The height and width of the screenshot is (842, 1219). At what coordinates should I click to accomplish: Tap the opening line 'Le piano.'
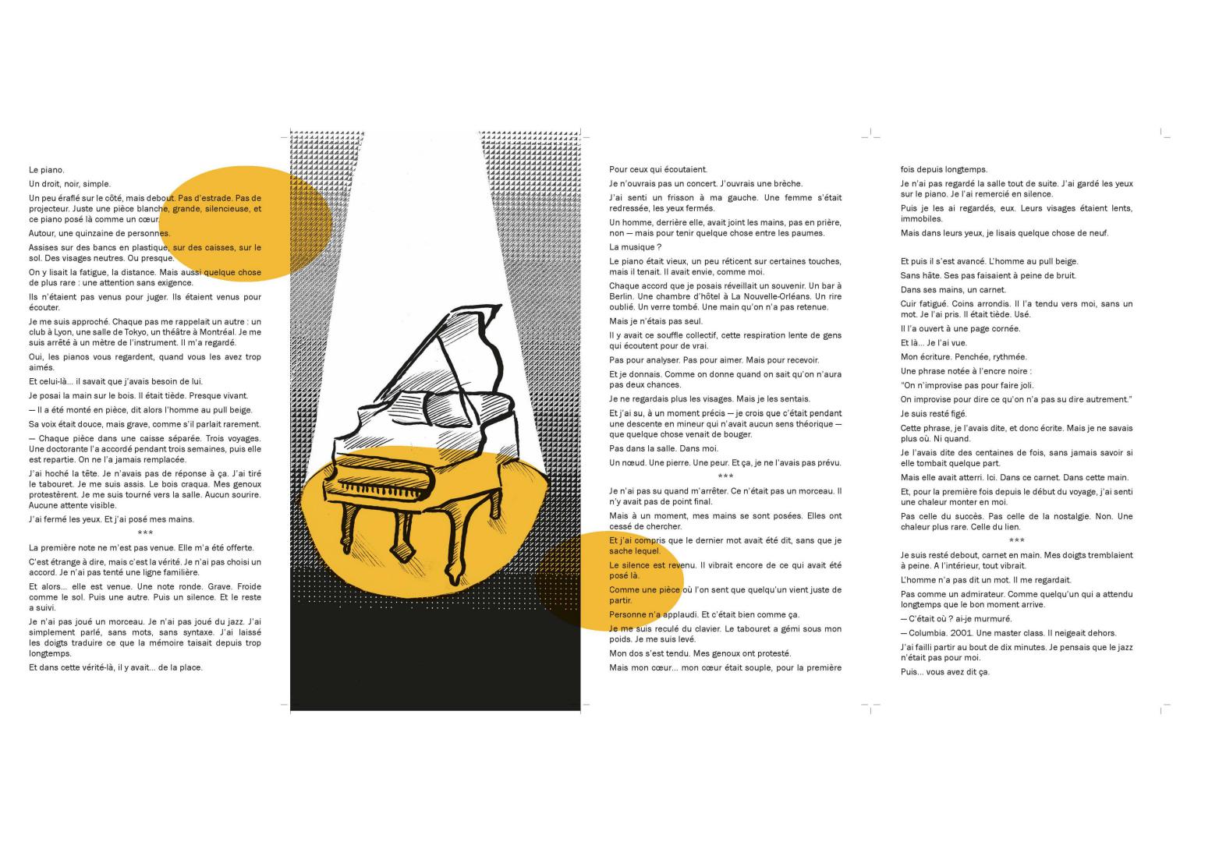[x=47, y=170]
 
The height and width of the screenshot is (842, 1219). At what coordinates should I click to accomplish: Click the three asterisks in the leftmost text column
[x=145, y=533]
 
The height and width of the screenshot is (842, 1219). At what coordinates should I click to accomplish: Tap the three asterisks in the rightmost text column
[x=1016, y=540]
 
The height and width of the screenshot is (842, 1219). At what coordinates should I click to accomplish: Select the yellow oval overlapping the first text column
[x=246, y=224]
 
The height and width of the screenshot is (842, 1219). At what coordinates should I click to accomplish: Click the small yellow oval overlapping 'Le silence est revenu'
[x=611, y=581]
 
